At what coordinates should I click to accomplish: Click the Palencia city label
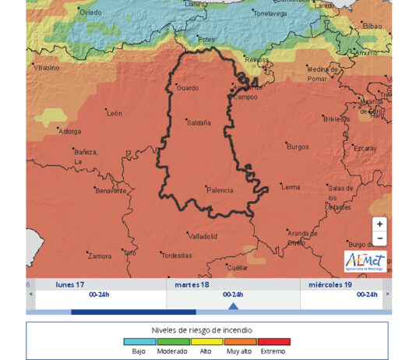point(220,189)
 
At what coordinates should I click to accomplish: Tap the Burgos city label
point(298,146)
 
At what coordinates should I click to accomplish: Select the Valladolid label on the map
point(203,235)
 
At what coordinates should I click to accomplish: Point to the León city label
point(115,114)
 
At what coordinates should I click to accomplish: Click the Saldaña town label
point(199,122)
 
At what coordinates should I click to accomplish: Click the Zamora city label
point(100,256)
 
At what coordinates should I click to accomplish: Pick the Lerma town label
point(291,187)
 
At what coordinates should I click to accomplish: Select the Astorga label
point(70,132)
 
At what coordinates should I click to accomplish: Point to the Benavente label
point(110,190)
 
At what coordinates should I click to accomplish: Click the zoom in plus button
point(379,224)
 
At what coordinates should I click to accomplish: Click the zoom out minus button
point(379,238)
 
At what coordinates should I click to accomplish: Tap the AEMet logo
point(365,262)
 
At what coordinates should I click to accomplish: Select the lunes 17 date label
point(70,284)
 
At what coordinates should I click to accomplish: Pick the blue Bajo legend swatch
point(140,341)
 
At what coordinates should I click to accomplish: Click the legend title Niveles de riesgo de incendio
point(206,330)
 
